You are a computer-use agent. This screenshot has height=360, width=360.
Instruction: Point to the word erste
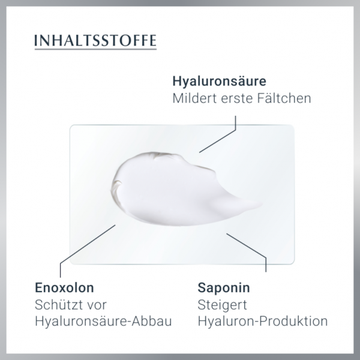pyautogui.click(x=239, y=98)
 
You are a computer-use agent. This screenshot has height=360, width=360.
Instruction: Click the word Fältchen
pyautogui.click(x=286, y=98)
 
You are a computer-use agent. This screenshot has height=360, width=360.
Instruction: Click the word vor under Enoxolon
pyautogui.click(x=98, y=305)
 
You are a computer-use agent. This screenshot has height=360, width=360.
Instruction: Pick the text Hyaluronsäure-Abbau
pyautogui.click(x=104, y=322)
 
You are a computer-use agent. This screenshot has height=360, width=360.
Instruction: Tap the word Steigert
pyautogui.click(x=220, y=305)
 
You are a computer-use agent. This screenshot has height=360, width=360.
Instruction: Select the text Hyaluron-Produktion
pyautogui.click(x=262, y=322)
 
